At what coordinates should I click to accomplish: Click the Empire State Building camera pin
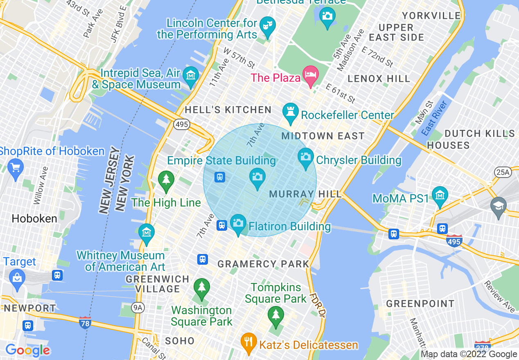pos(257,178)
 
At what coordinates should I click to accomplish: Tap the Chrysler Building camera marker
pos(305,157)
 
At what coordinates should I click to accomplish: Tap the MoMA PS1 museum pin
pos(440,196)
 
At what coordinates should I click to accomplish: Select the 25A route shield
pos(502,172)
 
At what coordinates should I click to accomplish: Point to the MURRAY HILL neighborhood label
pos(305,194)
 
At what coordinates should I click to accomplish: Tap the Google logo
pos(27,350)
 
